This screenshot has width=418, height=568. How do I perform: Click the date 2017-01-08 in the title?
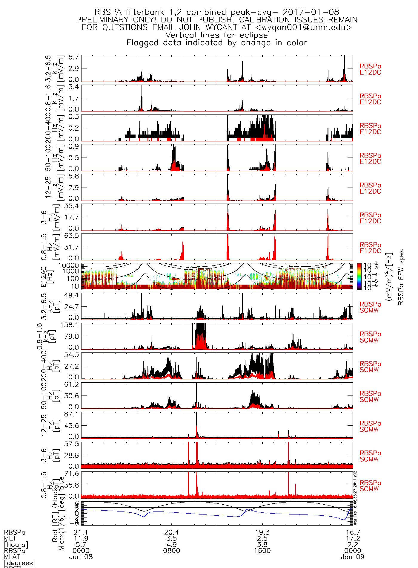311,12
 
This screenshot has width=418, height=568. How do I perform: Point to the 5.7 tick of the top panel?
73,57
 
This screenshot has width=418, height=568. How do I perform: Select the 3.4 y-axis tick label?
73,87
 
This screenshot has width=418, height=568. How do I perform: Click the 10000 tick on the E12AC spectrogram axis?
69,265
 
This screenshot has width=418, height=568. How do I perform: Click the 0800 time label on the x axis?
172,551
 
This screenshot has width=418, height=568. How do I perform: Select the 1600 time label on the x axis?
262,551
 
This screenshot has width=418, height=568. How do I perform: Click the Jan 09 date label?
353,557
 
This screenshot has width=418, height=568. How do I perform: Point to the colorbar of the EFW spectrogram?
359,277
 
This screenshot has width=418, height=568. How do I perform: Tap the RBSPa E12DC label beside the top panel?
370,69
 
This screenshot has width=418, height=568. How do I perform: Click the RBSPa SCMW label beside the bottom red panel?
370,486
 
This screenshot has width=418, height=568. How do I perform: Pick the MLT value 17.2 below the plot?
353,538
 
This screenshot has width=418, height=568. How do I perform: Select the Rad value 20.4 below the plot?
172,532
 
